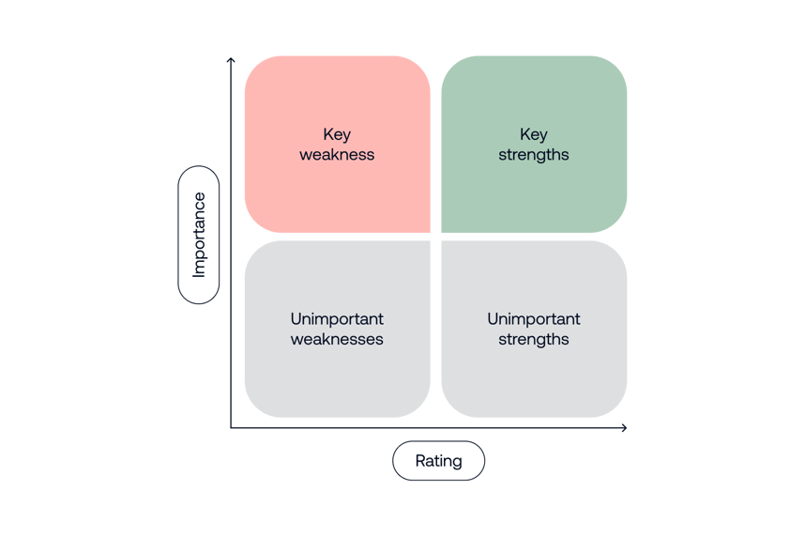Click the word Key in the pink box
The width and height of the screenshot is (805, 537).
click(x=337, y=134)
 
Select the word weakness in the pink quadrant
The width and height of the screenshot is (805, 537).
click(x=337, y=155)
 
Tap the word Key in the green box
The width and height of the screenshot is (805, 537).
click(x=533, y=134)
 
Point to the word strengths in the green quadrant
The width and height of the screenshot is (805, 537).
click(x=533, y=155)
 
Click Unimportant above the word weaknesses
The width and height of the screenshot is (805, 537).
click(x=337, y=319)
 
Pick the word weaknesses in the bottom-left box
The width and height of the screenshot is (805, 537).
click(x=337, y=340)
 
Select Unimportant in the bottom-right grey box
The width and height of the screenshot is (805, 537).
click(x=533, y=319)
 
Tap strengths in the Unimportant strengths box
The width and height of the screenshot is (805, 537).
click(x=533, y=340)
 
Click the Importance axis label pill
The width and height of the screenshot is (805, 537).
click(x=199, y=235)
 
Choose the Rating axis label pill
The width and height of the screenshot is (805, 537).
click(x=438, y=461)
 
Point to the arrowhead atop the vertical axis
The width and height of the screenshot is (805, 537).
click(x=231, y=60)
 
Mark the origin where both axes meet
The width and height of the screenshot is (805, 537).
click(x=231, y=428)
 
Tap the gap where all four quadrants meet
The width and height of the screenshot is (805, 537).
click(x=435, y=237)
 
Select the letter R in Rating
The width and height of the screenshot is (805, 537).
click(x=419, y=461)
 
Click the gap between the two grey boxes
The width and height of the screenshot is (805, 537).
click(x=435, y=329)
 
